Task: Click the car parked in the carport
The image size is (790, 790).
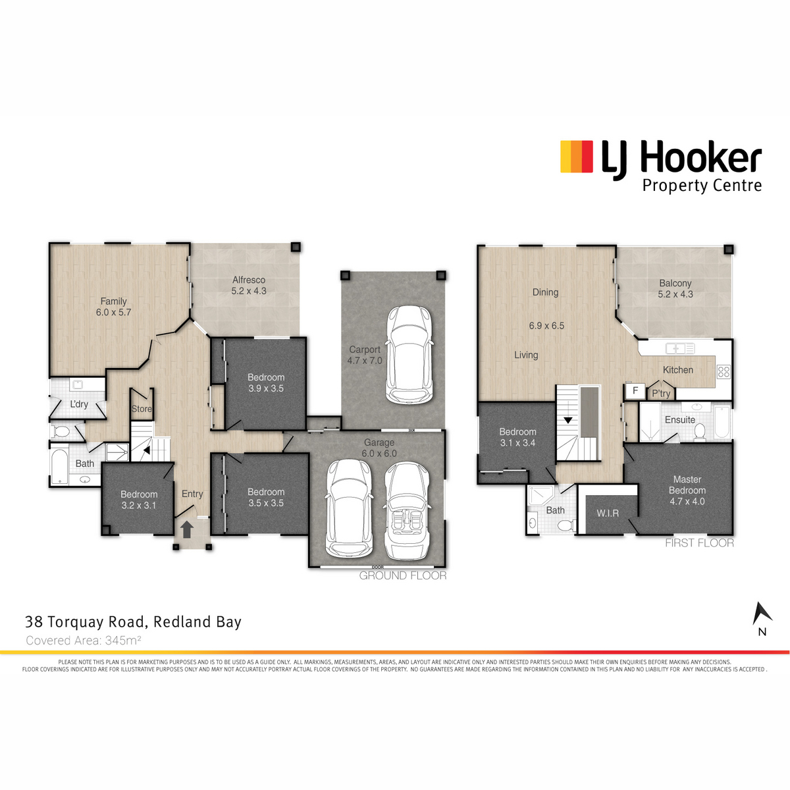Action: point(409,354)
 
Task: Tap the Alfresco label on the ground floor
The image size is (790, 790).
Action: point(249,280)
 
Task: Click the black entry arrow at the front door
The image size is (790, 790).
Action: point(187,529)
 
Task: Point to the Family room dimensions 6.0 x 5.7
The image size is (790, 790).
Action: point(113,313)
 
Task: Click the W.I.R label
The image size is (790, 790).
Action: point(608,513)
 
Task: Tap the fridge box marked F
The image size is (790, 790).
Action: point(635,390)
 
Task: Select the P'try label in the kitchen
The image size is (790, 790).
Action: point(661,394)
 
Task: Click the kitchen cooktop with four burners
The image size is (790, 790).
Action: point(724,371)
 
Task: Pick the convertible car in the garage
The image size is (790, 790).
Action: point(407,511)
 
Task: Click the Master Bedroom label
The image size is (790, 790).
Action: point(687,485)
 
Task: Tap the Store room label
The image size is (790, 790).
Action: point(142,409)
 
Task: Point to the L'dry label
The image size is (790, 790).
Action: point(79,404)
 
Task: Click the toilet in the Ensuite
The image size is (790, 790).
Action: point(699,432)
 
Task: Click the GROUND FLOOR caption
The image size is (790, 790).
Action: point(403,575)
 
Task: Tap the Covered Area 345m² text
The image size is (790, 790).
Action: point(84,640)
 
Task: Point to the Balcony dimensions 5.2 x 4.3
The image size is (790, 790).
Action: point(675,294)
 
